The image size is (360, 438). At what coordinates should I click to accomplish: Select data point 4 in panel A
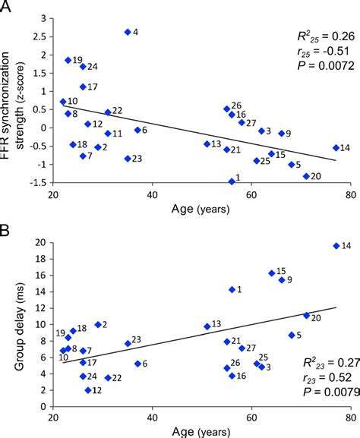[x=128, y=32]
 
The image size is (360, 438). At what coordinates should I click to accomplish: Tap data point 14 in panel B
[x=336, y=246]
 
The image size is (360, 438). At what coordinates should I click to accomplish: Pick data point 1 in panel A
[x=232, y=181]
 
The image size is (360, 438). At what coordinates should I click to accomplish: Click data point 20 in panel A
[x=306, y=176]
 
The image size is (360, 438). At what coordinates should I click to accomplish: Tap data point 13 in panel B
[x=207, y=326]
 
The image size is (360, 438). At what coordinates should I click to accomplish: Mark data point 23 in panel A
[x=128, y=159]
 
